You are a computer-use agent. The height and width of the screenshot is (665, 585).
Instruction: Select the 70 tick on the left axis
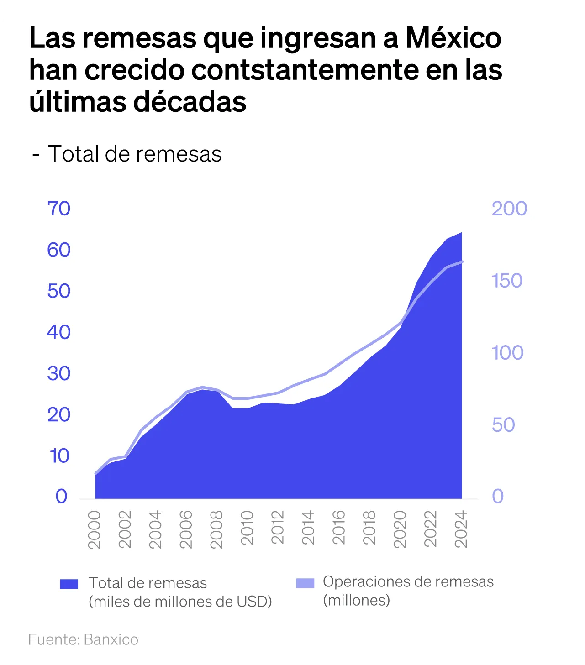coord(59,209)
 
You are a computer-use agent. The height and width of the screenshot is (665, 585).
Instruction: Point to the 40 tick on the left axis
coord(59,332)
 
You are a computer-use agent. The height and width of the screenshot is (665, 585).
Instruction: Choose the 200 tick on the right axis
coord(509,209)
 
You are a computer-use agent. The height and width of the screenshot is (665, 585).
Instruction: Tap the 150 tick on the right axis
coord(507,281)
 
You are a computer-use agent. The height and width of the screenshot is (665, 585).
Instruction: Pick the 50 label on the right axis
coord(503,425)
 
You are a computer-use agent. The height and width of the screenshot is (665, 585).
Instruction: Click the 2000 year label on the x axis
coord(94,529)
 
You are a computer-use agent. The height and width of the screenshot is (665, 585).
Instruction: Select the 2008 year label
coord(216,529)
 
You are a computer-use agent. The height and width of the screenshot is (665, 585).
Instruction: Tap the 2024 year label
coord(461,529)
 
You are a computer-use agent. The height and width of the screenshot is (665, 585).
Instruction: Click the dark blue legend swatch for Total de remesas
coord(69,584)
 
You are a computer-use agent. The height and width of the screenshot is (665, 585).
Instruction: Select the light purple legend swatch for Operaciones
coord(305,583)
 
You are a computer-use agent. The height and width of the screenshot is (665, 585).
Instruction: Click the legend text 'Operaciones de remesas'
coord(408,582)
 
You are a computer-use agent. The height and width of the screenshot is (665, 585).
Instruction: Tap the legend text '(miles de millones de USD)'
coord(180,602)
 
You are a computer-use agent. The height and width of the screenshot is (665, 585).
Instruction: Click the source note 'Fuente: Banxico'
coord(83,639)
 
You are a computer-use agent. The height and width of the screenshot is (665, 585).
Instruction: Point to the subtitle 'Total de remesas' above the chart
coord(135,154)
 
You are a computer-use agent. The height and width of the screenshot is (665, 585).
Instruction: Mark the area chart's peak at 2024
coord(461,233)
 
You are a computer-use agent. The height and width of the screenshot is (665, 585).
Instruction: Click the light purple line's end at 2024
coord(462,262)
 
